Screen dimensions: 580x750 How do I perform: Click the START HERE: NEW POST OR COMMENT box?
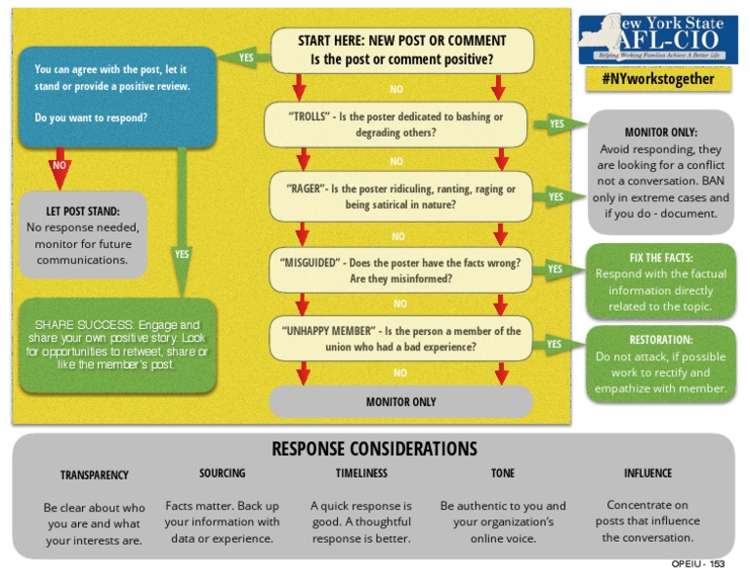pos(401,50)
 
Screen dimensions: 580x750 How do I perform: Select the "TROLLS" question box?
pos(396,124)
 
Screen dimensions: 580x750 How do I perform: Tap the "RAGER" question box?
pos(400,196)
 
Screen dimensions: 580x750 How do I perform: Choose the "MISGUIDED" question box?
pos(400,270)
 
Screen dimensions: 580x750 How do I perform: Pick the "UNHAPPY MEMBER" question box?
pos(400,338)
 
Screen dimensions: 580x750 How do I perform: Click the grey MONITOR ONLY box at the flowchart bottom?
pos(400,401)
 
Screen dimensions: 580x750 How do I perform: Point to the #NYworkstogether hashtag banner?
pos(658,79)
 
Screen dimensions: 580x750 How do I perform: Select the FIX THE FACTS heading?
pos(661,258)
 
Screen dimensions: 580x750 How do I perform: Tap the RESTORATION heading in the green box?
pos(661,340)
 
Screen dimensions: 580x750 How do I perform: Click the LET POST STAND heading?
pos(83,211)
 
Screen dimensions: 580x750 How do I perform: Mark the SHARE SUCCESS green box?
pos(117,345)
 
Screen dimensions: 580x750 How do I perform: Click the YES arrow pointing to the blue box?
pos(245,58)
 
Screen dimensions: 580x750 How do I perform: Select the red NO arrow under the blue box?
pos(60,165)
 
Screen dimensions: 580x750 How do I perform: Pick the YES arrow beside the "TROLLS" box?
pos(556,124)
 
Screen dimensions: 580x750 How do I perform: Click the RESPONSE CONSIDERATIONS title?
pos(374,449)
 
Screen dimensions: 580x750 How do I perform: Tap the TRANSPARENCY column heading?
pos(95,476)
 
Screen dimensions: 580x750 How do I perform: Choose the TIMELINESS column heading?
pos(361,474)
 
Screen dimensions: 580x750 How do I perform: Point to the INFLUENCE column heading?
pos(647,474)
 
